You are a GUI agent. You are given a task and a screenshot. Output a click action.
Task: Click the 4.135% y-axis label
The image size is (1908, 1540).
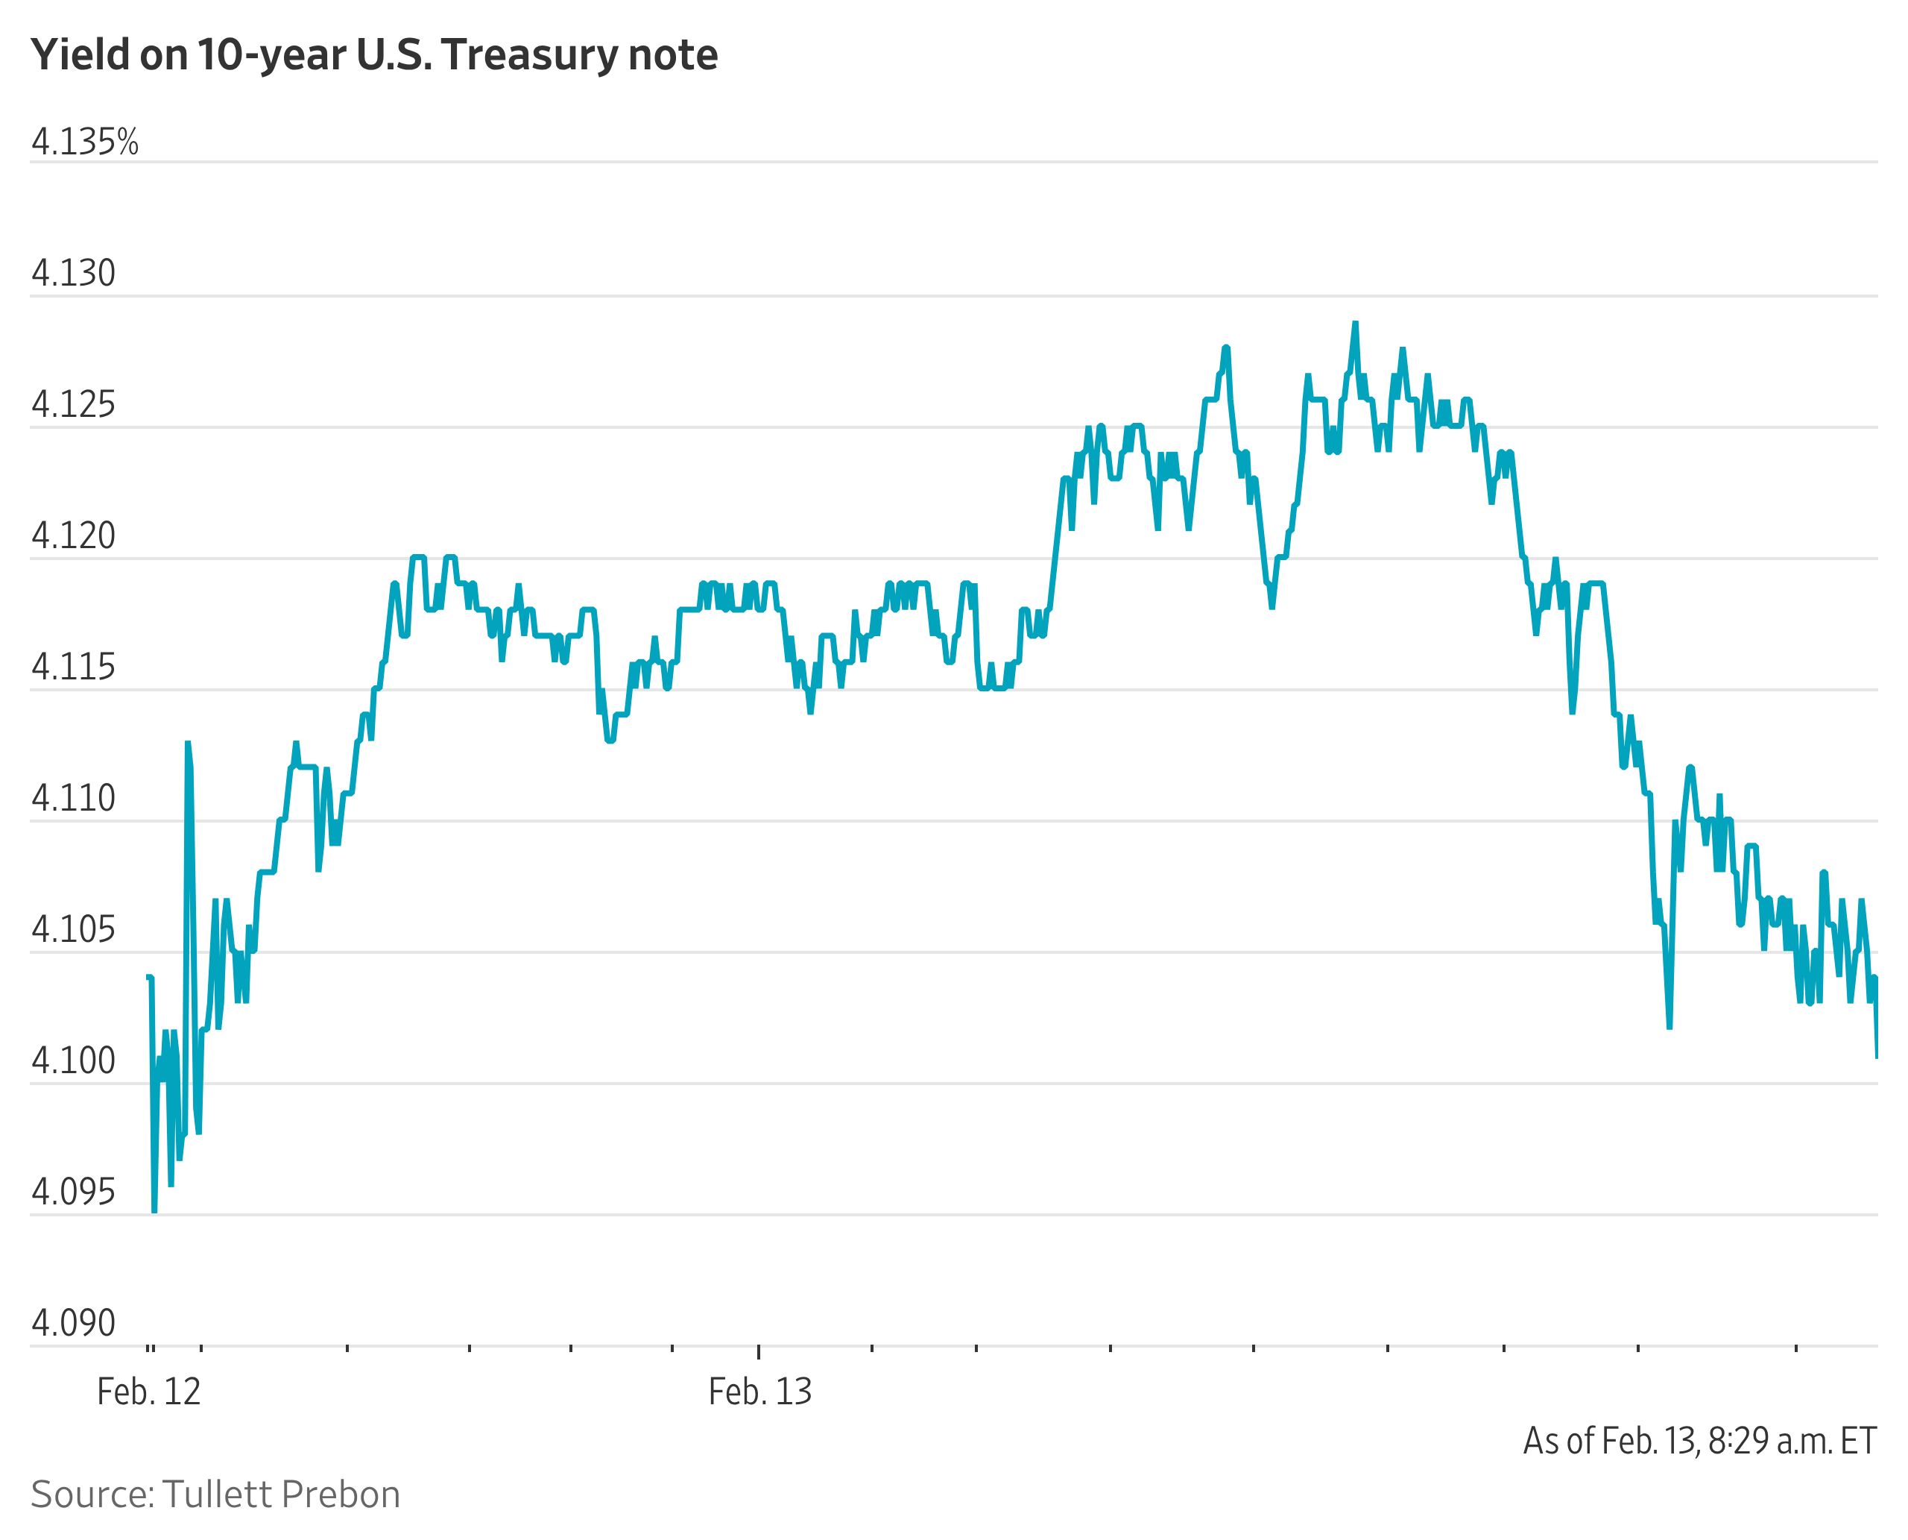(x=84, y=142)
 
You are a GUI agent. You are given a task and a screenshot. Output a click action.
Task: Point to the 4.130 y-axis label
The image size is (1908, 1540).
(x=73, y=273)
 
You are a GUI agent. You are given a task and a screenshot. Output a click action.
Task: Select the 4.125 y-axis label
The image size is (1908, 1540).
(x=73, y=404)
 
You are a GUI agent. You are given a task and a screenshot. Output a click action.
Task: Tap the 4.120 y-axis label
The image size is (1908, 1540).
(x=73, y=535)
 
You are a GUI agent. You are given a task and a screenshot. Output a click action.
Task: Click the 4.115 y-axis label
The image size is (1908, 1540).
(x=73, y=667)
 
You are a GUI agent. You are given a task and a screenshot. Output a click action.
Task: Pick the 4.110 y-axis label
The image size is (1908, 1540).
(x=73, y=799)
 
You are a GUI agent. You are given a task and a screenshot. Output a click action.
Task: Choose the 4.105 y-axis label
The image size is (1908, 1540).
(x=73, y=930)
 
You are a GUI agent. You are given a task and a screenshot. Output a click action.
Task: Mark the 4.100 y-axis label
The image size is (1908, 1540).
(x=73, y=1061)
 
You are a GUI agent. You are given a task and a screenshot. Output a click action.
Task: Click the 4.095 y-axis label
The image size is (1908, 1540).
(x=73, y=1192)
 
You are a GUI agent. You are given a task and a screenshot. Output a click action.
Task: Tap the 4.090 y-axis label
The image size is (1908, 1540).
(x=73, y=1324)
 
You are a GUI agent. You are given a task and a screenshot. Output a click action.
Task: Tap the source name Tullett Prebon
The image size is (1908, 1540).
(x=280, y=1495)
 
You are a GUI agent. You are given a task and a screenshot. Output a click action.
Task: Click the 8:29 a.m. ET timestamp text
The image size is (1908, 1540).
(x=1791, y=1442)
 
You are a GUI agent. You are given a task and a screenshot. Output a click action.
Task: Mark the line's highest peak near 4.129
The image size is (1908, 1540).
(x=1355, y=324)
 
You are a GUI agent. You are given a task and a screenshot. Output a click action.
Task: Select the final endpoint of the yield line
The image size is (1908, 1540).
(x=1877, y=1057)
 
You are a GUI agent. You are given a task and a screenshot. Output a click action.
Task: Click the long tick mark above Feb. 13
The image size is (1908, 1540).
(x=758, y=1352)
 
